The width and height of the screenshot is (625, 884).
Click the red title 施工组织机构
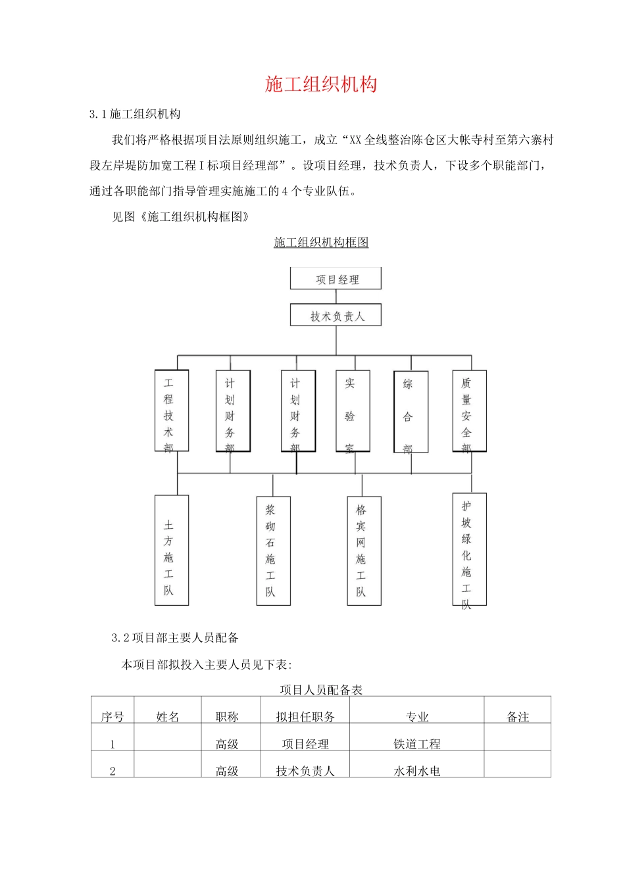321,84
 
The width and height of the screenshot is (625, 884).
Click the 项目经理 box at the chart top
336,279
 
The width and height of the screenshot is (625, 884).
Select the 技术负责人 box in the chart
336,316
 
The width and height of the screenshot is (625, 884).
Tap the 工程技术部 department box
172,410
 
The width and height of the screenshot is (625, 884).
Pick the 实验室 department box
353,411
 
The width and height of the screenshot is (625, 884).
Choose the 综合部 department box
411,412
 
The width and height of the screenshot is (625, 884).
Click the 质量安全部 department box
469,411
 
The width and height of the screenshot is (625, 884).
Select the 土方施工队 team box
172,550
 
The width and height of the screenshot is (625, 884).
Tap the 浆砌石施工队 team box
273,551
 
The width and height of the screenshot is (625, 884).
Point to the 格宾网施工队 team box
364,551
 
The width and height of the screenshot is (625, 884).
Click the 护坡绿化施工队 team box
469,549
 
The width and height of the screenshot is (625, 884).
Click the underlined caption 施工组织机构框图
321,242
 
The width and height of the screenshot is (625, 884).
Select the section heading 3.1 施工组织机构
135,114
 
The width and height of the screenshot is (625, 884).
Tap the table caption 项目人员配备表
321,689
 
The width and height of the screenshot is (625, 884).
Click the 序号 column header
113,716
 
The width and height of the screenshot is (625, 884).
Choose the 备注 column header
518,716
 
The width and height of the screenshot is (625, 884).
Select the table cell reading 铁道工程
416,744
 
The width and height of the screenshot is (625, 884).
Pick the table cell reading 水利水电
416,771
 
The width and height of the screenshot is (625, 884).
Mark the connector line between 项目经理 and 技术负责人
336,297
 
